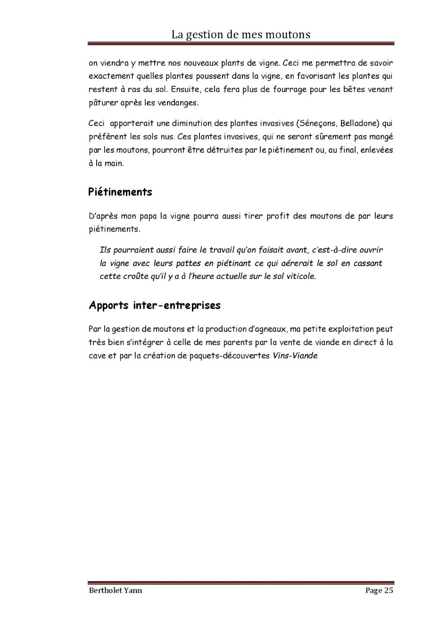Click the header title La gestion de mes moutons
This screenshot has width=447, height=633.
240,34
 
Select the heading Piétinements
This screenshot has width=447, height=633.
120,192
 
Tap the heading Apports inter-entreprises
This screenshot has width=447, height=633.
155,305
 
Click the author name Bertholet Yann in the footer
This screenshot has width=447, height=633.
115,591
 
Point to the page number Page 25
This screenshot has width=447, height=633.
379,591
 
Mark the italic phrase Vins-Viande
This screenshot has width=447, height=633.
295,356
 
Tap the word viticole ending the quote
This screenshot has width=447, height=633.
301,277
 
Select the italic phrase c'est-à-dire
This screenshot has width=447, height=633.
334,250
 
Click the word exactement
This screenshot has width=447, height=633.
111,76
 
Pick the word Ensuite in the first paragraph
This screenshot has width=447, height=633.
185,90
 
